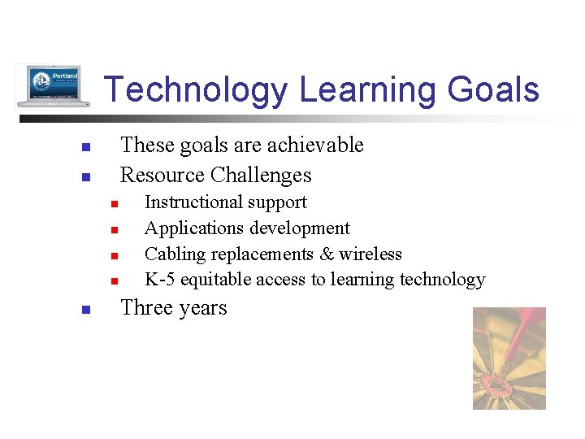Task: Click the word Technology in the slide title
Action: pos(196,90)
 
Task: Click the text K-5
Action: pos(160,280)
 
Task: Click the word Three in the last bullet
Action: pos(146,308)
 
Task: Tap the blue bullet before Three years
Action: pos(84,310)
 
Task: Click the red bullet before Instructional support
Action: pos(115,204)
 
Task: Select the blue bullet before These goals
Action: pos(84,148)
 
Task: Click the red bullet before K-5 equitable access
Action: pos(115,282)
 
